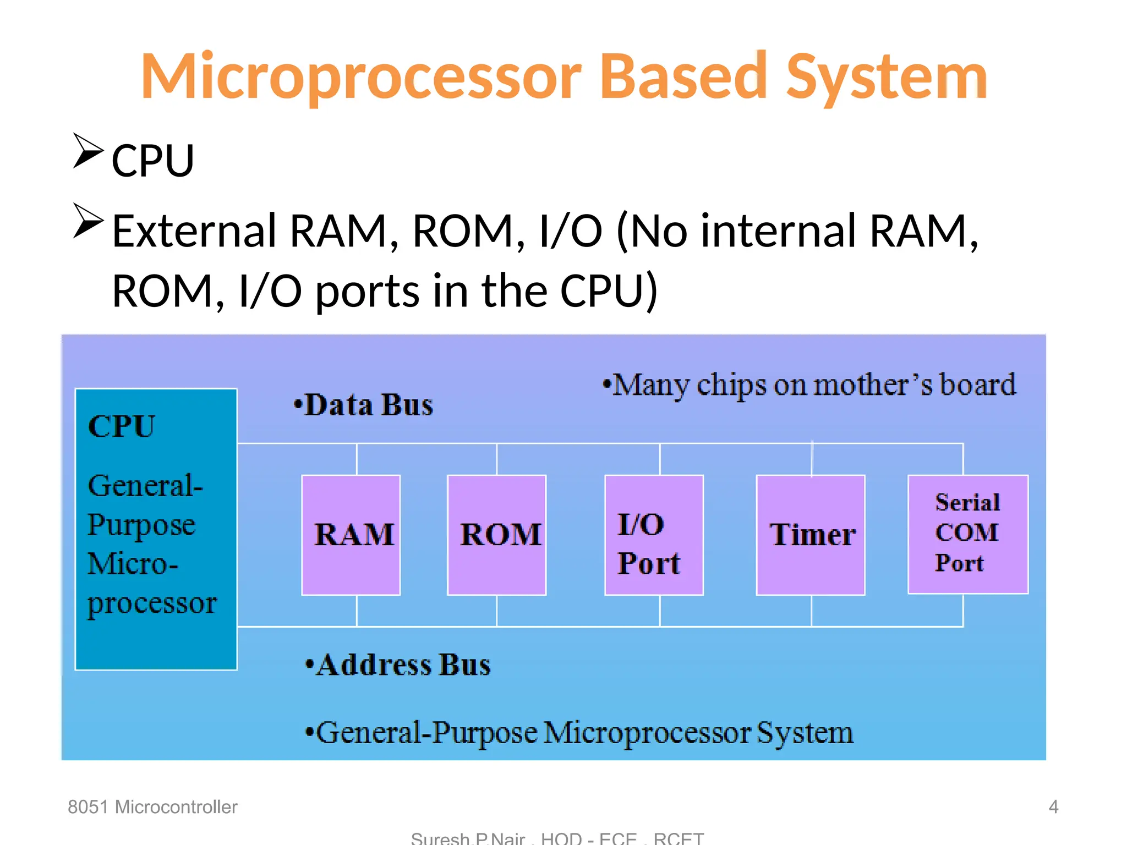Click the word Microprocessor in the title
coord(360,77)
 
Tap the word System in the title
coord(886,77)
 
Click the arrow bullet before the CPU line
coord(88,151)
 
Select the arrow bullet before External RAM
coord(88,221)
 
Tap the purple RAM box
coord(351,535)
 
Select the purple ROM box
coord(497,535)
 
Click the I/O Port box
coord(654,535)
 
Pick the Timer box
coord(811,535)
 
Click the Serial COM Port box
coord(967,534)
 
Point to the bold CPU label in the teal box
coord(122,426)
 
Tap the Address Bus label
coord(398,665)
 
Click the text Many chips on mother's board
coord(809,385)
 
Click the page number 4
coord(1053,806)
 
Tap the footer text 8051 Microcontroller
coord(152,806)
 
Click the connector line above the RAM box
coord(357,459)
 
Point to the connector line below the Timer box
coord(811,610)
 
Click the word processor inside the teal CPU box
coord(152,604)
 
